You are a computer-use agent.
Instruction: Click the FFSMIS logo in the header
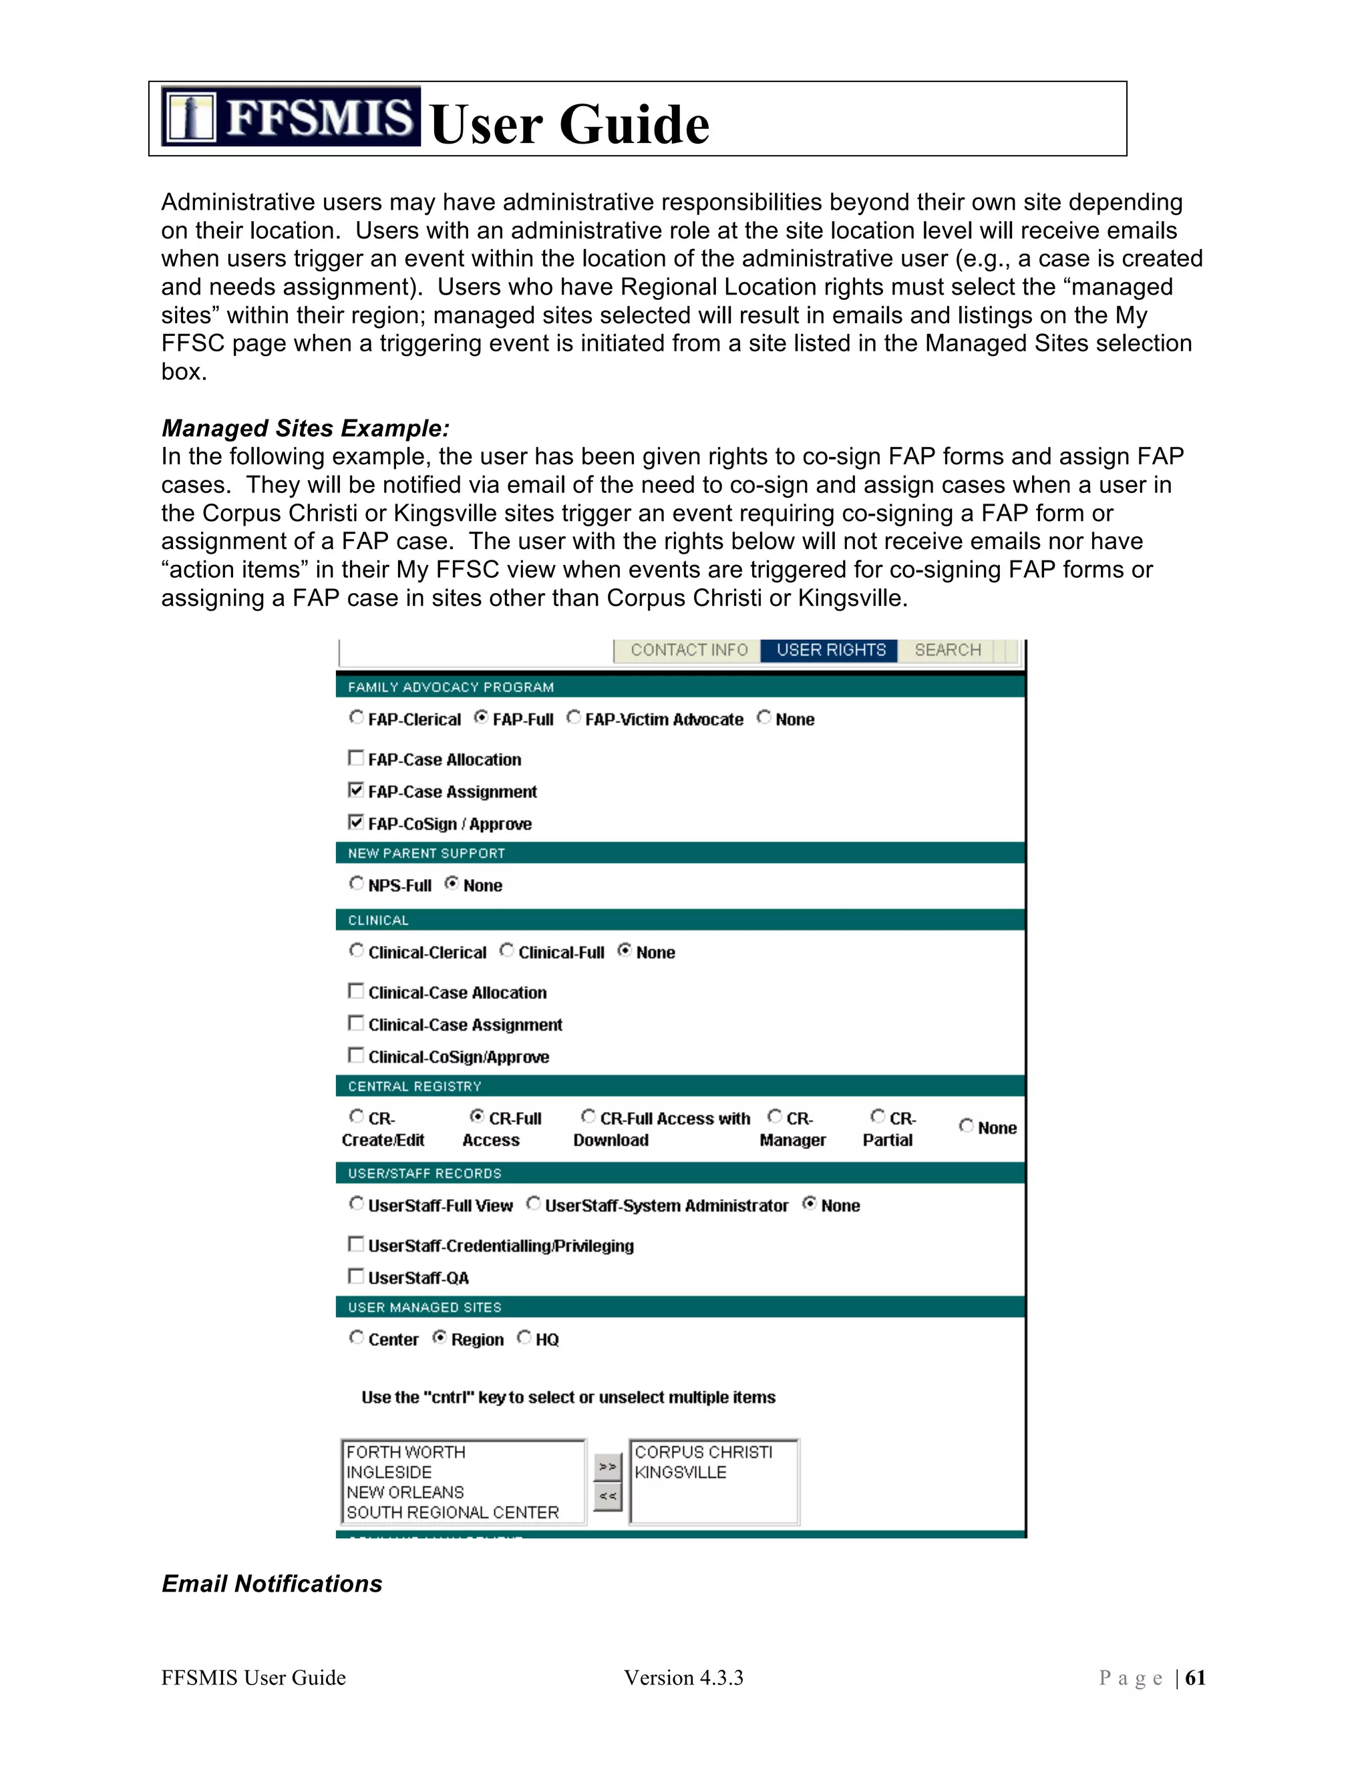(290, 117)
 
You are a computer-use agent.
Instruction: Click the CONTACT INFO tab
(688, 650)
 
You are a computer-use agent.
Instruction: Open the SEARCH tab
(947, 650)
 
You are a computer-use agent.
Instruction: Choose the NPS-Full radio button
(357, 884)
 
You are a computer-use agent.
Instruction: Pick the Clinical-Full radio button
(506, 950)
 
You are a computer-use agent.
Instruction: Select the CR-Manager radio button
(775, 1117)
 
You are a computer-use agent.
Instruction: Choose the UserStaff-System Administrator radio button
(533, 1204)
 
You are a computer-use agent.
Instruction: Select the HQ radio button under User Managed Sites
(524, 1337)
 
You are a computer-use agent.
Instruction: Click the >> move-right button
(607, 1466)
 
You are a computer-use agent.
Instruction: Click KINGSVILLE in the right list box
(680, 1471)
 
